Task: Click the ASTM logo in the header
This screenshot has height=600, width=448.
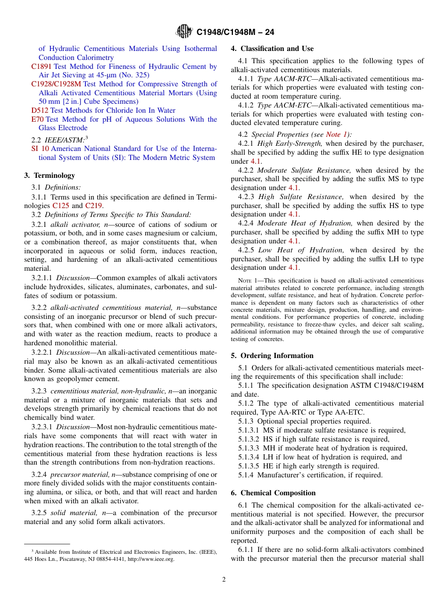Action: click(184, 32)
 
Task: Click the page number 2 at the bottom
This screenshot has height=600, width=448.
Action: click(224, 580)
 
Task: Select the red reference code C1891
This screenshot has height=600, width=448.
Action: click(41, 67)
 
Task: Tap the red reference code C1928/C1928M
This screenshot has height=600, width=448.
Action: click(56, 84)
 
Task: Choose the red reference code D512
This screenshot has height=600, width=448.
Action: click(40, 110)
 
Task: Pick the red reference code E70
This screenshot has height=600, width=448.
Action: click(37, 119)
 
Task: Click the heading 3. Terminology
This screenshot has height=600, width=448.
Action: click(50, 175)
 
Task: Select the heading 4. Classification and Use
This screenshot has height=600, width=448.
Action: click(272, 49)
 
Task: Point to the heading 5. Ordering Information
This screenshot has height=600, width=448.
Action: click(272, 356)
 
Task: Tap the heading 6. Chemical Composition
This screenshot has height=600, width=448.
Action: click(273, 493)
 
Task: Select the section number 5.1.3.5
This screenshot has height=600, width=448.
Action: click(249, 466)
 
